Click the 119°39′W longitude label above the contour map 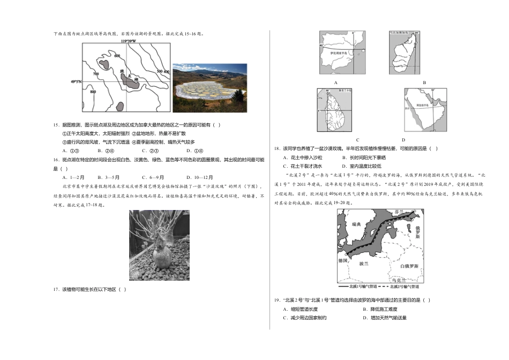coord(128,41)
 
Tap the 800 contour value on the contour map coord(94,92)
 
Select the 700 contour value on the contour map coord(95,74)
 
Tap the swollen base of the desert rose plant coord(162,258)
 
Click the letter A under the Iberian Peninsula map coord(335,82)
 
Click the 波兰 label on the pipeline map coord(363,263)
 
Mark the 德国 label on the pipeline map coord(343,260)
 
